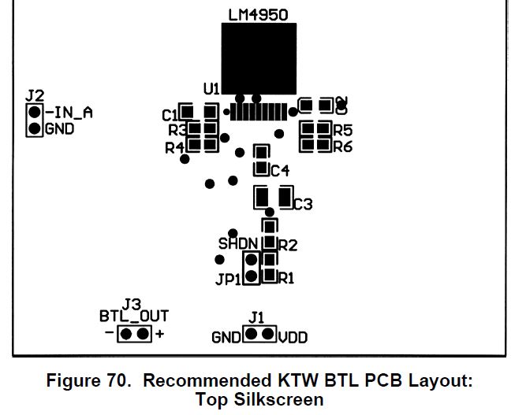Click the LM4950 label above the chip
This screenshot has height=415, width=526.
tap(258, 16)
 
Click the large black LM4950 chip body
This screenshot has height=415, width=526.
tap(259, 59)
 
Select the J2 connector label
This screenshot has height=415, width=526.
tap(34, 95)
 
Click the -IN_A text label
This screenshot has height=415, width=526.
tap(69, 113)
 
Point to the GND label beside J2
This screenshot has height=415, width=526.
tap(60, 129)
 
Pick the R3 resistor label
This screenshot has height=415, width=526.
tap(177, 130)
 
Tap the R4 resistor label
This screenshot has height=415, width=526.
tap(174, 147)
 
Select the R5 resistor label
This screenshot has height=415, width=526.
tap(343, 130)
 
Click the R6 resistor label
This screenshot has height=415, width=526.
tap(343, 146)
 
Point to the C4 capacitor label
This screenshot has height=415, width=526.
tap(281, 170)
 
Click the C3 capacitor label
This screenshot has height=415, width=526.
tap(304, 204)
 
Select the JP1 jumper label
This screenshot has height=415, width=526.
tap(228, 279)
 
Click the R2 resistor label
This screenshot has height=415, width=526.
tap(288, 245)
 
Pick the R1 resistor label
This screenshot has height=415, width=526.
tap(286, 277)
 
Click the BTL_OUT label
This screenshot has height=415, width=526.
tap(134, 317)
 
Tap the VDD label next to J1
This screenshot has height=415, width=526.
tap(293, 338)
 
